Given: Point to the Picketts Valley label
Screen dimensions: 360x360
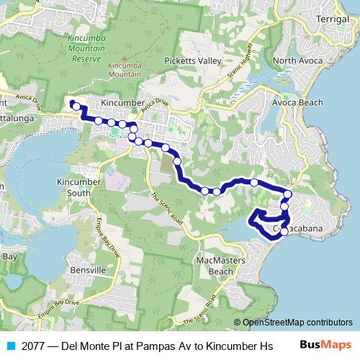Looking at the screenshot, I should click(x=192, y=61).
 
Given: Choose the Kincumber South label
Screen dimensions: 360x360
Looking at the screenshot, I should click(x=74, y=187).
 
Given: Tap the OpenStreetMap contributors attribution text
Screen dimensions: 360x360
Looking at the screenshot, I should click(x=293, y=323).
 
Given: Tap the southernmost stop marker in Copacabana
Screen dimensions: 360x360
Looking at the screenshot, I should click(x=284, y=231).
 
